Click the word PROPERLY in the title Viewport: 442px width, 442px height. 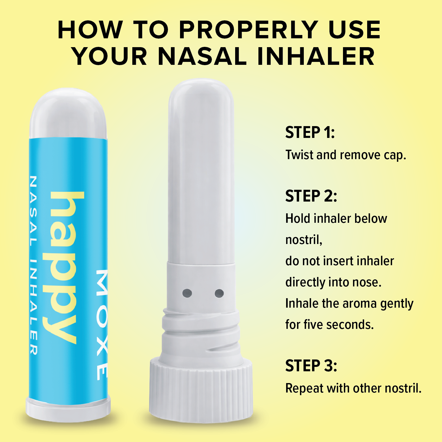(249, 30)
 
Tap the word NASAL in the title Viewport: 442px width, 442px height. (202, 56)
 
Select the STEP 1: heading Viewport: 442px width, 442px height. (310, 132)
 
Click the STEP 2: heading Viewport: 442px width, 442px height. (311, 196)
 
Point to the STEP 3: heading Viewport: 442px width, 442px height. (311, 366)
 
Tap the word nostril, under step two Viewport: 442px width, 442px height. (304, 240)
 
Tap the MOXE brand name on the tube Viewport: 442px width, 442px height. (102, 324)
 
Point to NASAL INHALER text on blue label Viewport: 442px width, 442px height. (33, 265)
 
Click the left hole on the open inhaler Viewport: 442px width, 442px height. (187, 293)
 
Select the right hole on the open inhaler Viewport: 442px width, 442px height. (219, 293)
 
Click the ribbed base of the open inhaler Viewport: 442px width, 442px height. (201, 389)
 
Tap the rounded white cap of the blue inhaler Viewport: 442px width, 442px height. (68, 113)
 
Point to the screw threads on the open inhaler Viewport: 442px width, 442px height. (201, 333)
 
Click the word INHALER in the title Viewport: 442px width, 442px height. (316, 56)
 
